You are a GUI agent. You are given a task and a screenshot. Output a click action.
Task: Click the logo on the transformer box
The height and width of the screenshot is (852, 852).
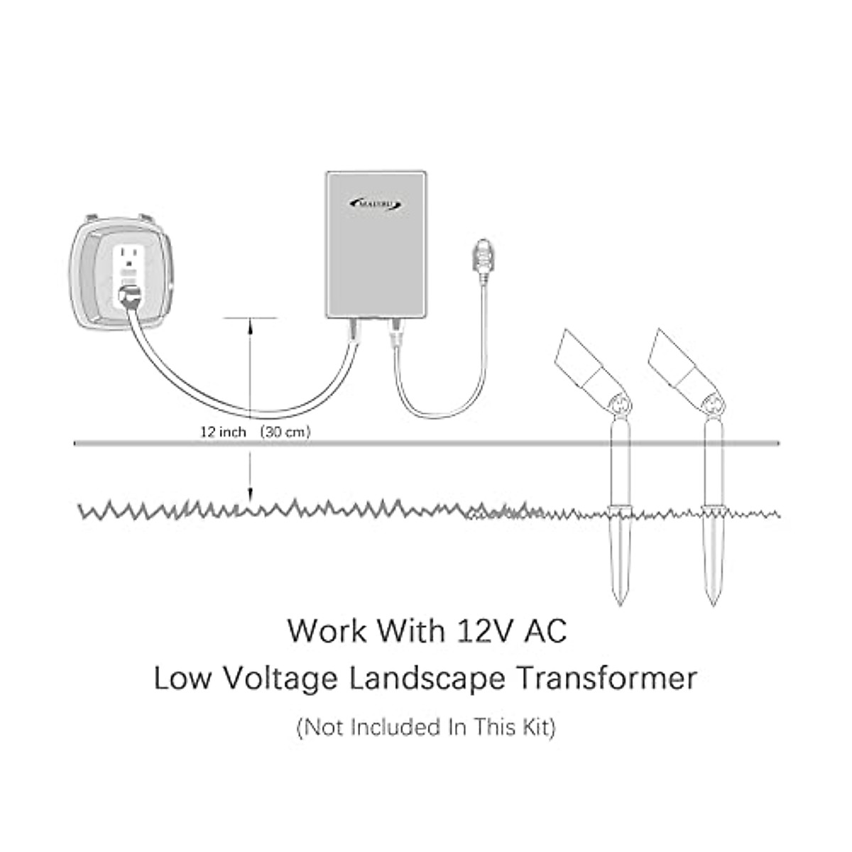tap(376, 204)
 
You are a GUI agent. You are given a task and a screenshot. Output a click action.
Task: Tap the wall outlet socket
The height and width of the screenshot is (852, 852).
tap(129, 258)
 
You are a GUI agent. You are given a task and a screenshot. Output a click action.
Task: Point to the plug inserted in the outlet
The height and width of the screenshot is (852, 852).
tap(130, 298)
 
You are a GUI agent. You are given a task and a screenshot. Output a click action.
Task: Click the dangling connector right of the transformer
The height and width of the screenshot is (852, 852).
tap(481, 262)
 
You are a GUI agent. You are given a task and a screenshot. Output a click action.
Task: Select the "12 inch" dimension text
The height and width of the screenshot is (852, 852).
tap(222, 432)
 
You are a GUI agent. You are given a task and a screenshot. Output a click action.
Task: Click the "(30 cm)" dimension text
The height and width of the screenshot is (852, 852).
tap(284, 432)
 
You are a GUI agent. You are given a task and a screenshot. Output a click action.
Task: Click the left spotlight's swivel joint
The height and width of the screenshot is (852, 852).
tap(619, 405)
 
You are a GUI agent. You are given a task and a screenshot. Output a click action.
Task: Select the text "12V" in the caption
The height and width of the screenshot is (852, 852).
tap(488, 630)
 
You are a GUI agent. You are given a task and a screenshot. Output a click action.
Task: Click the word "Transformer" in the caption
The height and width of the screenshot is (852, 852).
tap(606, 678)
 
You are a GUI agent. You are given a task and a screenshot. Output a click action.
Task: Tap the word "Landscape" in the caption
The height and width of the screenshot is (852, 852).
tap(426, 678)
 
